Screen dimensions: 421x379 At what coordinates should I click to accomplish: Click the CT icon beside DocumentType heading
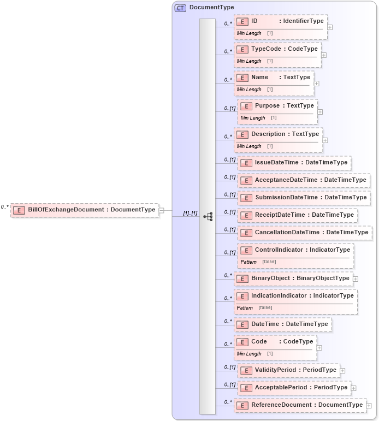tap(180, 8)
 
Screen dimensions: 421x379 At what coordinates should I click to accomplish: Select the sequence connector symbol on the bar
tap(208, 216)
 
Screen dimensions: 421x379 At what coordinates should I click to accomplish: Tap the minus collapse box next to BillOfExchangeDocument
tap(162, 210)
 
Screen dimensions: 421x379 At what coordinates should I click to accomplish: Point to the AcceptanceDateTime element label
tap(310, 180)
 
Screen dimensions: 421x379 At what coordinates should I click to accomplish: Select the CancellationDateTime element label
tap(311, 233)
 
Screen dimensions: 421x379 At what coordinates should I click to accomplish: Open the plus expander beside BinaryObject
tap(356, 278)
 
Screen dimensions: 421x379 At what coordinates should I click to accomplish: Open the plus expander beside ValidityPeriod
tap(342, 370)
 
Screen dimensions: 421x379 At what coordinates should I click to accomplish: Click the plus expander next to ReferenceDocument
tap(369, 406)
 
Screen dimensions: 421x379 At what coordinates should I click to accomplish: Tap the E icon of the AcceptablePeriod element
tap(246, 388)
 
